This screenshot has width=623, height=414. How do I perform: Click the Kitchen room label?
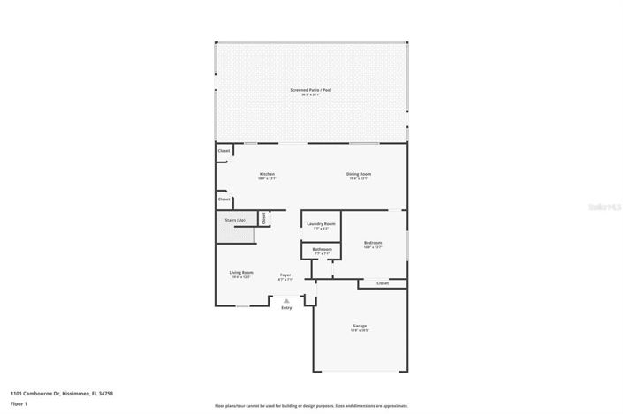(268, 175)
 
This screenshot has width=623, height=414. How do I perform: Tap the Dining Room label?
(358, 175)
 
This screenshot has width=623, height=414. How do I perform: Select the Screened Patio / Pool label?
(311, 91)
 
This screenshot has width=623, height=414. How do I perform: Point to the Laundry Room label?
(321, 225)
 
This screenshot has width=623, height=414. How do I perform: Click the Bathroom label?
(322, 250)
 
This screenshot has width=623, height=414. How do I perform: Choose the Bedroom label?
(373, 244)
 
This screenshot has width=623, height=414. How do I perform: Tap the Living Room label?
(241, 273)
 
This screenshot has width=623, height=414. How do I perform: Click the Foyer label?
(285, 275)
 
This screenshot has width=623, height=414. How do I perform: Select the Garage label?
(360, 327)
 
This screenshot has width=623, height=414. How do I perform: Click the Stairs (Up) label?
(235, 220)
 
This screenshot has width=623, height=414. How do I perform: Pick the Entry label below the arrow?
(286, 307)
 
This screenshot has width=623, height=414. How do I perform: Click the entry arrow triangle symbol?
(286, 300)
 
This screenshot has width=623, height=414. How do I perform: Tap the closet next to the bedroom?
(382, 283)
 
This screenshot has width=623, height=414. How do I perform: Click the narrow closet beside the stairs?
(263, 217)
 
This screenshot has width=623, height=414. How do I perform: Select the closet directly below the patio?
(224, 151)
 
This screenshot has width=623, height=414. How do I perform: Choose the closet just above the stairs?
(224, 199)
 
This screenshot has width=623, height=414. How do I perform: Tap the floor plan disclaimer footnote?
(311, 406)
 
